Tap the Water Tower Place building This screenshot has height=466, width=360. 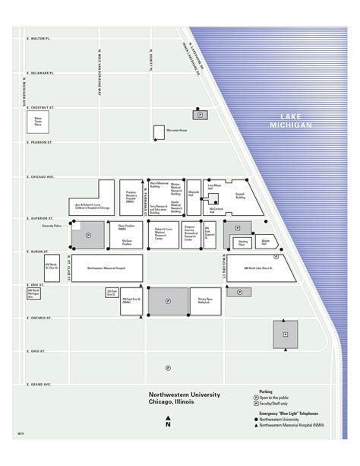click(37, 121)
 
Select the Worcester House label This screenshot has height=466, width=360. click(178, 131)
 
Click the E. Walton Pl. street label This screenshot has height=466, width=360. click(37, 37)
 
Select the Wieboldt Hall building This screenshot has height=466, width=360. click(194, 194)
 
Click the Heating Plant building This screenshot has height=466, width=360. click(242, 243)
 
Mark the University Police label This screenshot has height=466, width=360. click(52, 225)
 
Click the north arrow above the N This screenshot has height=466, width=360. click(168, 417)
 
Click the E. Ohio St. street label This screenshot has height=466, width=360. click(35, 351)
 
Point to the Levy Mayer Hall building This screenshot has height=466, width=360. click(215, 187)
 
